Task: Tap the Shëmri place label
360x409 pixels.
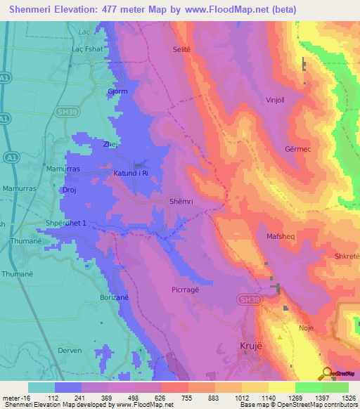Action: click(181, 201)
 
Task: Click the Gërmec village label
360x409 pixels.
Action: click(298, 150)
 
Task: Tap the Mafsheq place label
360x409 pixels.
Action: click(280, 237)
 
